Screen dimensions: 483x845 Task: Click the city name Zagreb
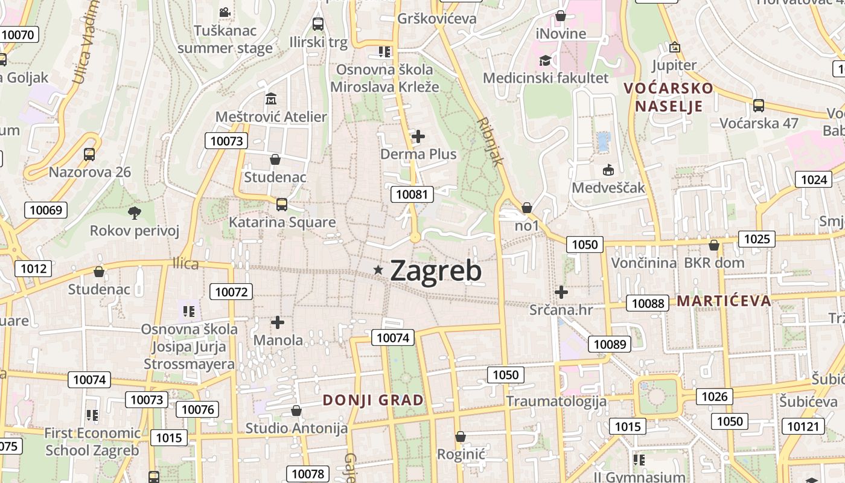436,271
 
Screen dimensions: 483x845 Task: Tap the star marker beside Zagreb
378,270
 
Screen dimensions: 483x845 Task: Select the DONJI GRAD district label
373,400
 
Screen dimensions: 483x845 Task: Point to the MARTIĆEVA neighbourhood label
724,301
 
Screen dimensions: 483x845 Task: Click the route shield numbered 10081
412,194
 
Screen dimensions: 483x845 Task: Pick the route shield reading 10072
231,292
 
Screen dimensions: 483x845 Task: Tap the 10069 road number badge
45,210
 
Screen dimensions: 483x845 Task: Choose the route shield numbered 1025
757,239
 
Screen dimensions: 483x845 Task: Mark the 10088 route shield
648,303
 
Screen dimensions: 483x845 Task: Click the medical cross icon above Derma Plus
418,136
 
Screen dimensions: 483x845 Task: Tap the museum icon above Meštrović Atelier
271,98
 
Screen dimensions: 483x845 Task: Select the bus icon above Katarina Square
282,204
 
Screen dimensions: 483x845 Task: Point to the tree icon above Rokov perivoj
134,212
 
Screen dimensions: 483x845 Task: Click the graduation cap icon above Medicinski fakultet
545,60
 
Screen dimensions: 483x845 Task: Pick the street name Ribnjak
489,141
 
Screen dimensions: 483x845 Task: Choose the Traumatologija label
556,401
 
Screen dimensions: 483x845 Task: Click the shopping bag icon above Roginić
461,436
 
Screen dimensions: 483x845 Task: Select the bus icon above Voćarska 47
759,106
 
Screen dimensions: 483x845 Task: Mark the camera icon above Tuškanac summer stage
225,12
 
